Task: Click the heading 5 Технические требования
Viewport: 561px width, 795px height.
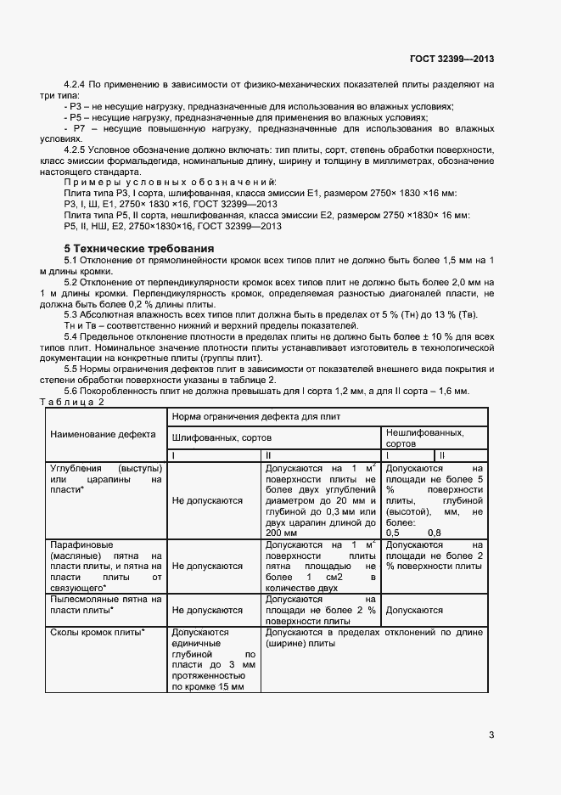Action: pyautogui.click(x=137, y=248)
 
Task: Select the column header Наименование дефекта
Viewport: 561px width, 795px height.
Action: pyautogui.click(x=103, y=435)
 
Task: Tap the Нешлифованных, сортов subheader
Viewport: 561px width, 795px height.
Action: pyautogui.click(x=424, y=437)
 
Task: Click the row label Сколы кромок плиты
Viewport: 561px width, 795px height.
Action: pyautogui.click(x=97, y=633)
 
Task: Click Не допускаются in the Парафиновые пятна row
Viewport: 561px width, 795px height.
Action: pyautogui.click(x=207, y=565)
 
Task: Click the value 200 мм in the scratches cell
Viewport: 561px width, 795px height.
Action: pyautogui.click(x=283, y=533)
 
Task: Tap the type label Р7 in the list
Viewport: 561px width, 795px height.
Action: pyautogui.click(x=81, y=127)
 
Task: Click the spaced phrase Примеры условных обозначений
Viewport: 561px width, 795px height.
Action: pyautogui.click(x=170, y=183)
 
